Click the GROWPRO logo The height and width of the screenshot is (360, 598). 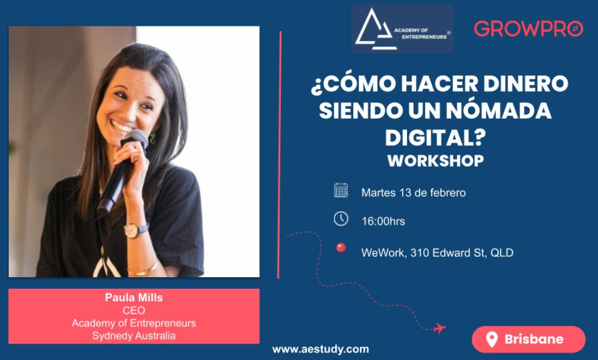528,29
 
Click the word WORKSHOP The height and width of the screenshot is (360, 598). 436,161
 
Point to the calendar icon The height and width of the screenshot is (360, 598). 341,190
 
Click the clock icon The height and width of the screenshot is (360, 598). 341,218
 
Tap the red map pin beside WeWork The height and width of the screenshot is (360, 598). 341,249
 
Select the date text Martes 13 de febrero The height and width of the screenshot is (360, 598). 413,193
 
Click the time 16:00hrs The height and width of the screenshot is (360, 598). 383,222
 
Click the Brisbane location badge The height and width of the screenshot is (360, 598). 528,339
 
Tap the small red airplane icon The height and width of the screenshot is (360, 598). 439,328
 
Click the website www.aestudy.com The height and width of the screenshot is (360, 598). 320,349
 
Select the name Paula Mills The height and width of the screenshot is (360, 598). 134,297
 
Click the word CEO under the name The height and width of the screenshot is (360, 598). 134,311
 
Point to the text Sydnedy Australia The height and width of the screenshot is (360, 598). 134,336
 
